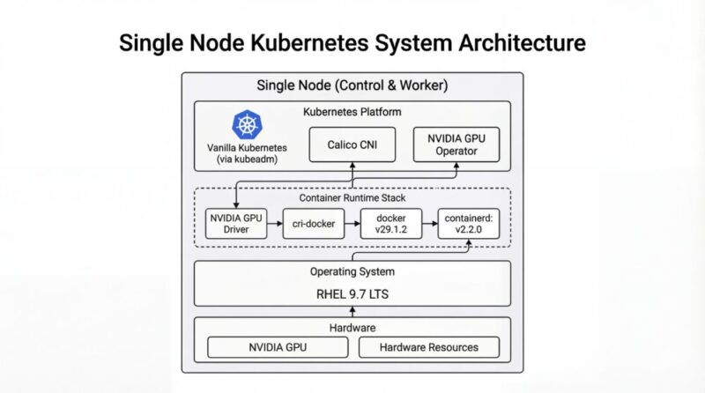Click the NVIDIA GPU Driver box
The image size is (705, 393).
tap(235, 224)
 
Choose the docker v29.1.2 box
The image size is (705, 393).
tap(390, 224)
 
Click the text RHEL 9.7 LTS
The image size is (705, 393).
tap(352, 293)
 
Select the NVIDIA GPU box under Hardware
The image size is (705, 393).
tap(278, 347)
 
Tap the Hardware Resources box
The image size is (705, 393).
tap(429, 347)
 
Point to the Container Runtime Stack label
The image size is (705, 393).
tap(352, 198)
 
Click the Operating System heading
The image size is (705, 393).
tap(352, 271)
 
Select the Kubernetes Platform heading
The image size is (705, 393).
tap(352, 112)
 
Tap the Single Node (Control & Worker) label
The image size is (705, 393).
tap(352, 85)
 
